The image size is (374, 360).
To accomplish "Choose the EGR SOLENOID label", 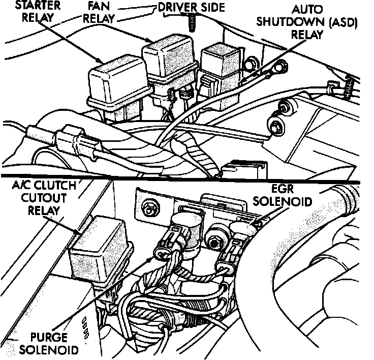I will (x=281, y=195).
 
